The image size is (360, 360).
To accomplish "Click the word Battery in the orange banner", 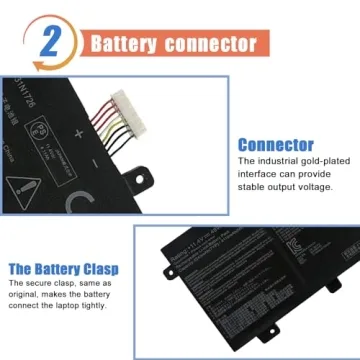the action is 125,44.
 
